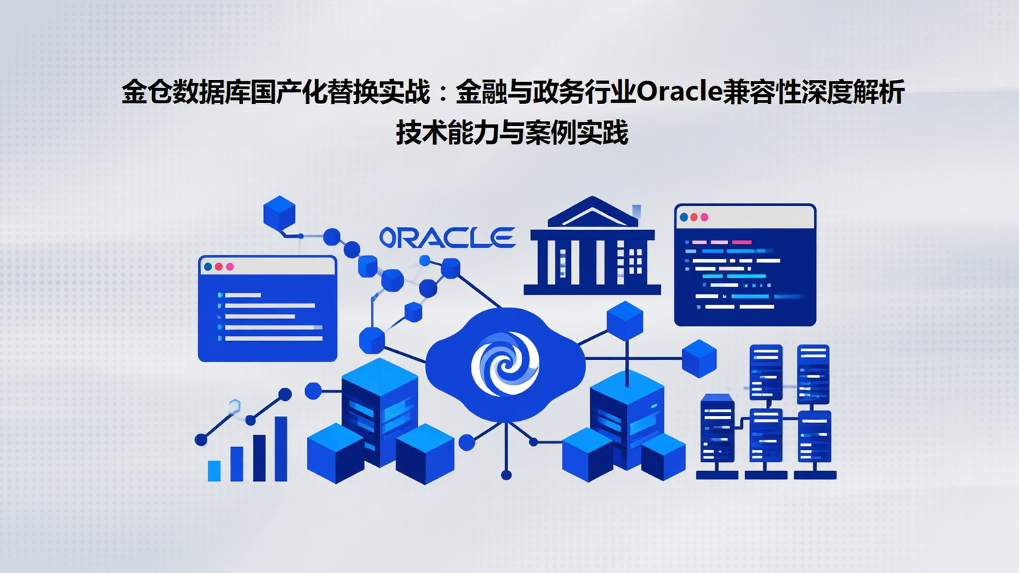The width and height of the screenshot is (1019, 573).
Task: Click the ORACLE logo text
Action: tap(447, 238)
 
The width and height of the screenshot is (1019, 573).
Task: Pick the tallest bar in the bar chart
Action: tap(280, 448)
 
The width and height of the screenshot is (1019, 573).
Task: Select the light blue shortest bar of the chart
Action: tap(214, 470)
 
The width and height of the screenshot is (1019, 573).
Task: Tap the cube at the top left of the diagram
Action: tap(279, 213)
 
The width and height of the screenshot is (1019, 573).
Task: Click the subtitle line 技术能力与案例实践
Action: tap(512, 134)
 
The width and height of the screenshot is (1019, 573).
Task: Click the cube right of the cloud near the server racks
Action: tap(698, 358)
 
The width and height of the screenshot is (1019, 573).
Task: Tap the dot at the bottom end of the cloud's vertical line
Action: tap(505, 475)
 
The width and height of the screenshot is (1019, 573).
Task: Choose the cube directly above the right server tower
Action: tap(624, 320)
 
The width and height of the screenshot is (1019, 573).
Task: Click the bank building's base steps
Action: tap(592, 289)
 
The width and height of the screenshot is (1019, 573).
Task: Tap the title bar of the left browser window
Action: tap(283, 267)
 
